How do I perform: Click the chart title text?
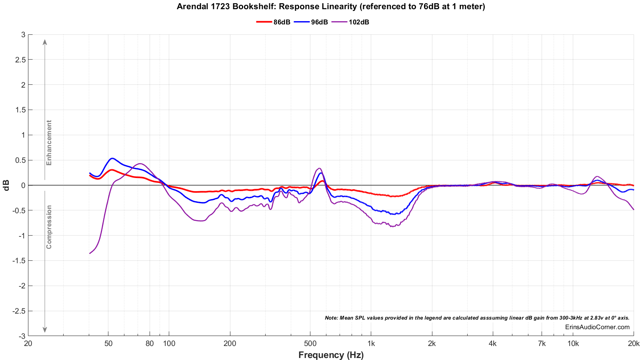click(331, 6)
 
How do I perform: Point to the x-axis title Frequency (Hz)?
click(331, 355)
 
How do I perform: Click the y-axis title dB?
click(6, 185)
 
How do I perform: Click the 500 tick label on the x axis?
click(310, 344)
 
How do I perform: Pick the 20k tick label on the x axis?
click(633, 344)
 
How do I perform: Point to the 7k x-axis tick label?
click(542, 344)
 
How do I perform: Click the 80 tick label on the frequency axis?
click(150, 344)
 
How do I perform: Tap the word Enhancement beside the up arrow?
click(49, 143)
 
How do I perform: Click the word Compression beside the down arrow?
click(49, 227)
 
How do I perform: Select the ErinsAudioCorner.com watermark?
click(597, 327)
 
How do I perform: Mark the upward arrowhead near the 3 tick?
click(45, 42)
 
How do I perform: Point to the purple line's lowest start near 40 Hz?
click(90, 253)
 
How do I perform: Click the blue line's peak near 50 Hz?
click(112, 158)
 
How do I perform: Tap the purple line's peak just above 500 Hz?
click(319, 168)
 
